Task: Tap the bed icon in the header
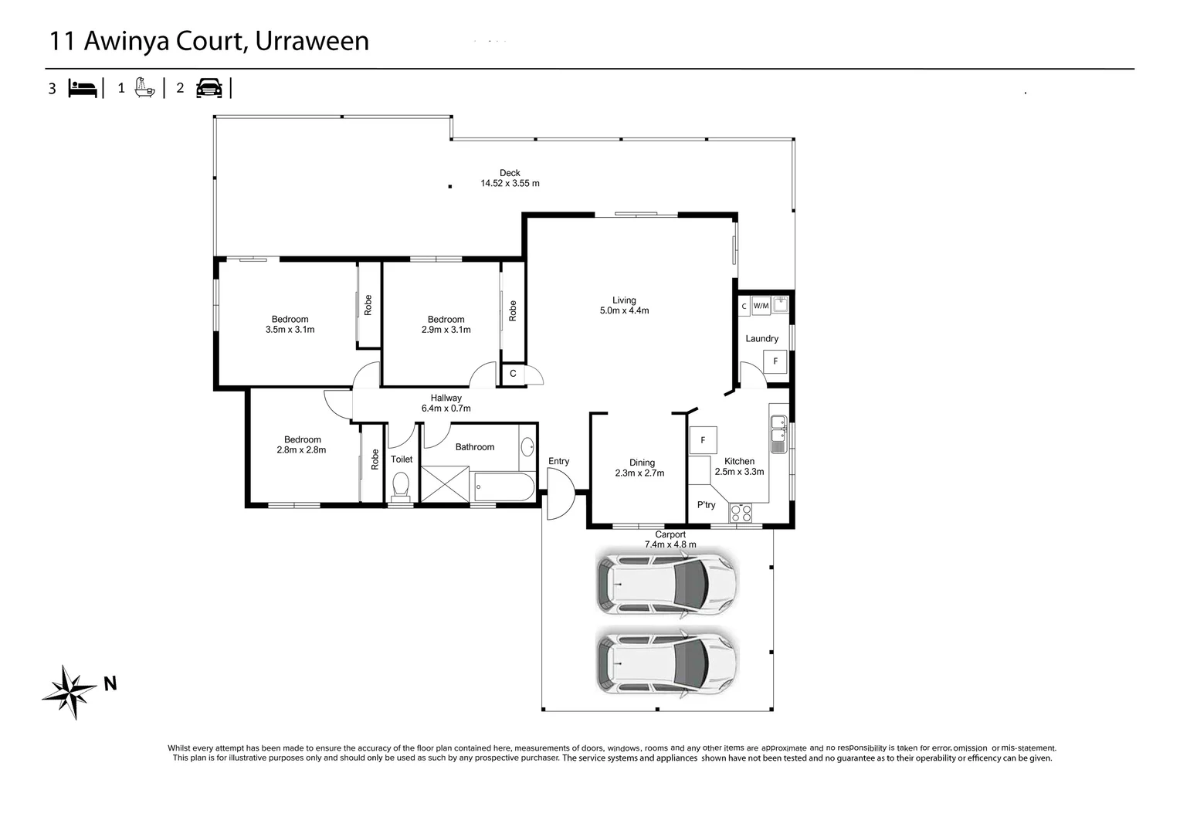tap(83, 88)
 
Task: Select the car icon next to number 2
tap(209, 88)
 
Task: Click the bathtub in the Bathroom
tap(503, 487)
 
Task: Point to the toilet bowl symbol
tap(400, 486)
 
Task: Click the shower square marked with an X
tap(446, 486)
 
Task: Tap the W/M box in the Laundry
tap(761, 306)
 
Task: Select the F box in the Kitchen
tap(703, 440)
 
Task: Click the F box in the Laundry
tap(775, 361)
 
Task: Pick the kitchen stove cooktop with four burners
tap(741, 512)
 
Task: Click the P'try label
tap(706, 505)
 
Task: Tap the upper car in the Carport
tap(666, 583)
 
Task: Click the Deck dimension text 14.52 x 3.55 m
tap(510, 184)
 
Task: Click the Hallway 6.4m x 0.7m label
tap(446, 403)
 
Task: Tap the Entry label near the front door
tap(558, 461)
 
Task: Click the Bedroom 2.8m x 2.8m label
tap(302, 445)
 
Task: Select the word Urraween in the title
tap(312, 41)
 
